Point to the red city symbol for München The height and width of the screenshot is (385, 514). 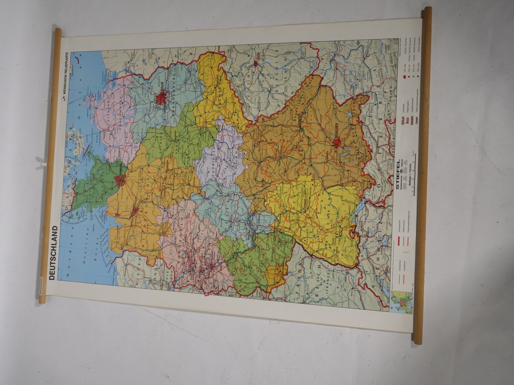337,143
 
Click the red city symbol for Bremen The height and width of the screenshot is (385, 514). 135,210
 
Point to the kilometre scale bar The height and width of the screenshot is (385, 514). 415,175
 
